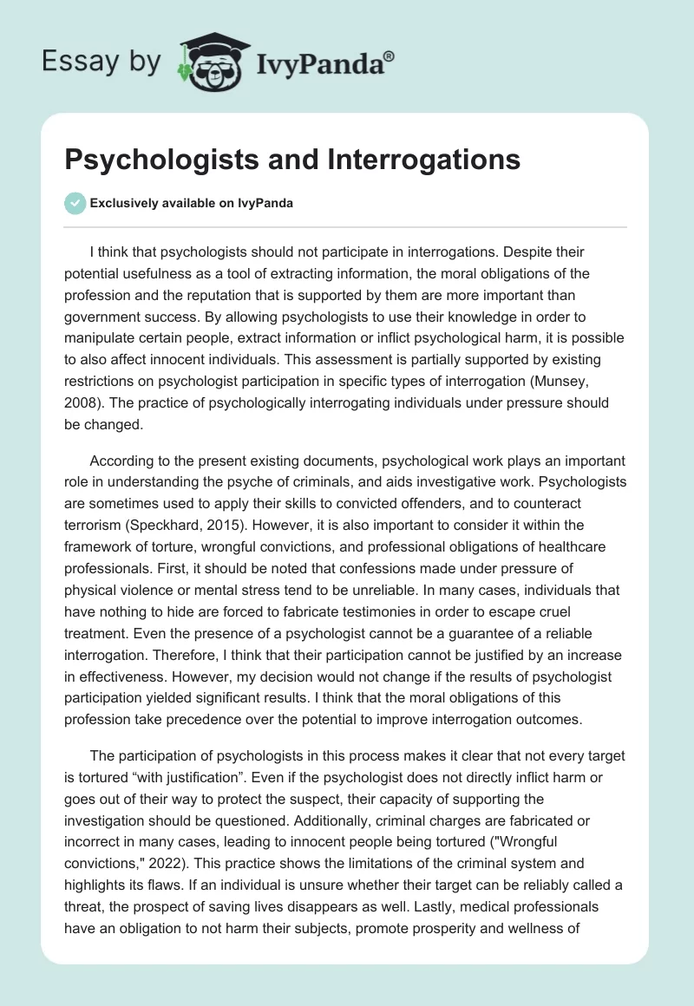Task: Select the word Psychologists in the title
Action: pyautogui.click(x=152, y=160)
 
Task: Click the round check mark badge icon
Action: pyautogui.click(x=75, y=203)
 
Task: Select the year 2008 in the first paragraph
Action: pyautogui.click(x=82, y=402)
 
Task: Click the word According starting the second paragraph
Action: pyautogui.click(x=121, y=459)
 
